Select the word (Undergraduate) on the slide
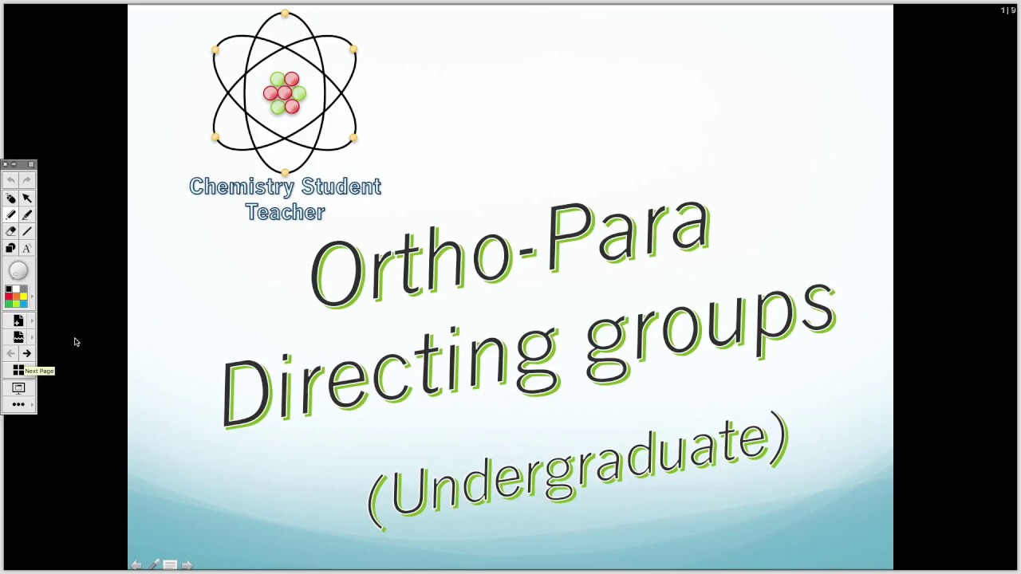click(578, 470)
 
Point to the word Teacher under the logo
click(285, 212)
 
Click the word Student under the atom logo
click(341, 187)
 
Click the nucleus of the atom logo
click(285, 93)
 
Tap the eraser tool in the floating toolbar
click(10, 231)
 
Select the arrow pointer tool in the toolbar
click(27, 198)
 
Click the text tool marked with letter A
click(27, 248)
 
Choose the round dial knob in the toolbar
click(18, 271)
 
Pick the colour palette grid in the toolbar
click(16, 297)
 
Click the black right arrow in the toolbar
click(27, 353)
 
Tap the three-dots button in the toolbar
click(18, 404)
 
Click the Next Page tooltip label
click(39, 371)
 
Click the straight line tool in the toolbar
click(27, 231)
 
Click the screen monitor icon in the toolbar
click(18, 387)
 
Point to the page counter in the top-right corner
click(1008, 10)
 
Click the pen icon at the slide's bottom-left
click(154, 564)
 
